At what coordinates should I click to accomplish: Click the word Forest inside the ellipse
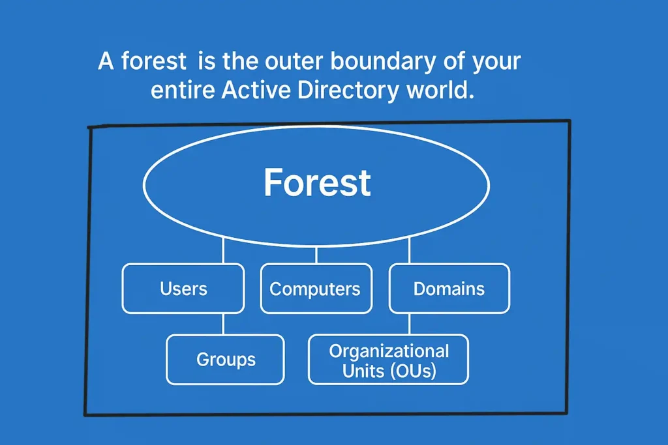[317, 183]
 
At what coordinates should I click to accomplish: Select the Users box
[183, 289]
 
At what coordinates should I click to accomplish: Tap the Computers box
[316, 289]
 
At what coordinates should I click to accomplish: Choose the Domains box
[449, 289]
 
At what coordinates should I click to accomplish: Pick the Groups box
[225, 359]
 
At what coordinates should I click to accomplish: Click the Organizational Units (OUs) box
[388, 359]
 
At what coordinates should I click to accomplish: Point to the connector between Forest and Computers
[316, 255]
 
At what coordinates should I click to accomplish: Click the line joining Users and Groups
[223, 324]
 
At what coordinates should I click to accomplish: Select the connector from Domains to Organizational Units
[409, 324]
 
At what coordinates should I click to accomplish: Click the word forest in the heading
[154, 63]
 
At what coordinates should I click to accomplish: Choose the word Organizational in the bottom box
[389, 351]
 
